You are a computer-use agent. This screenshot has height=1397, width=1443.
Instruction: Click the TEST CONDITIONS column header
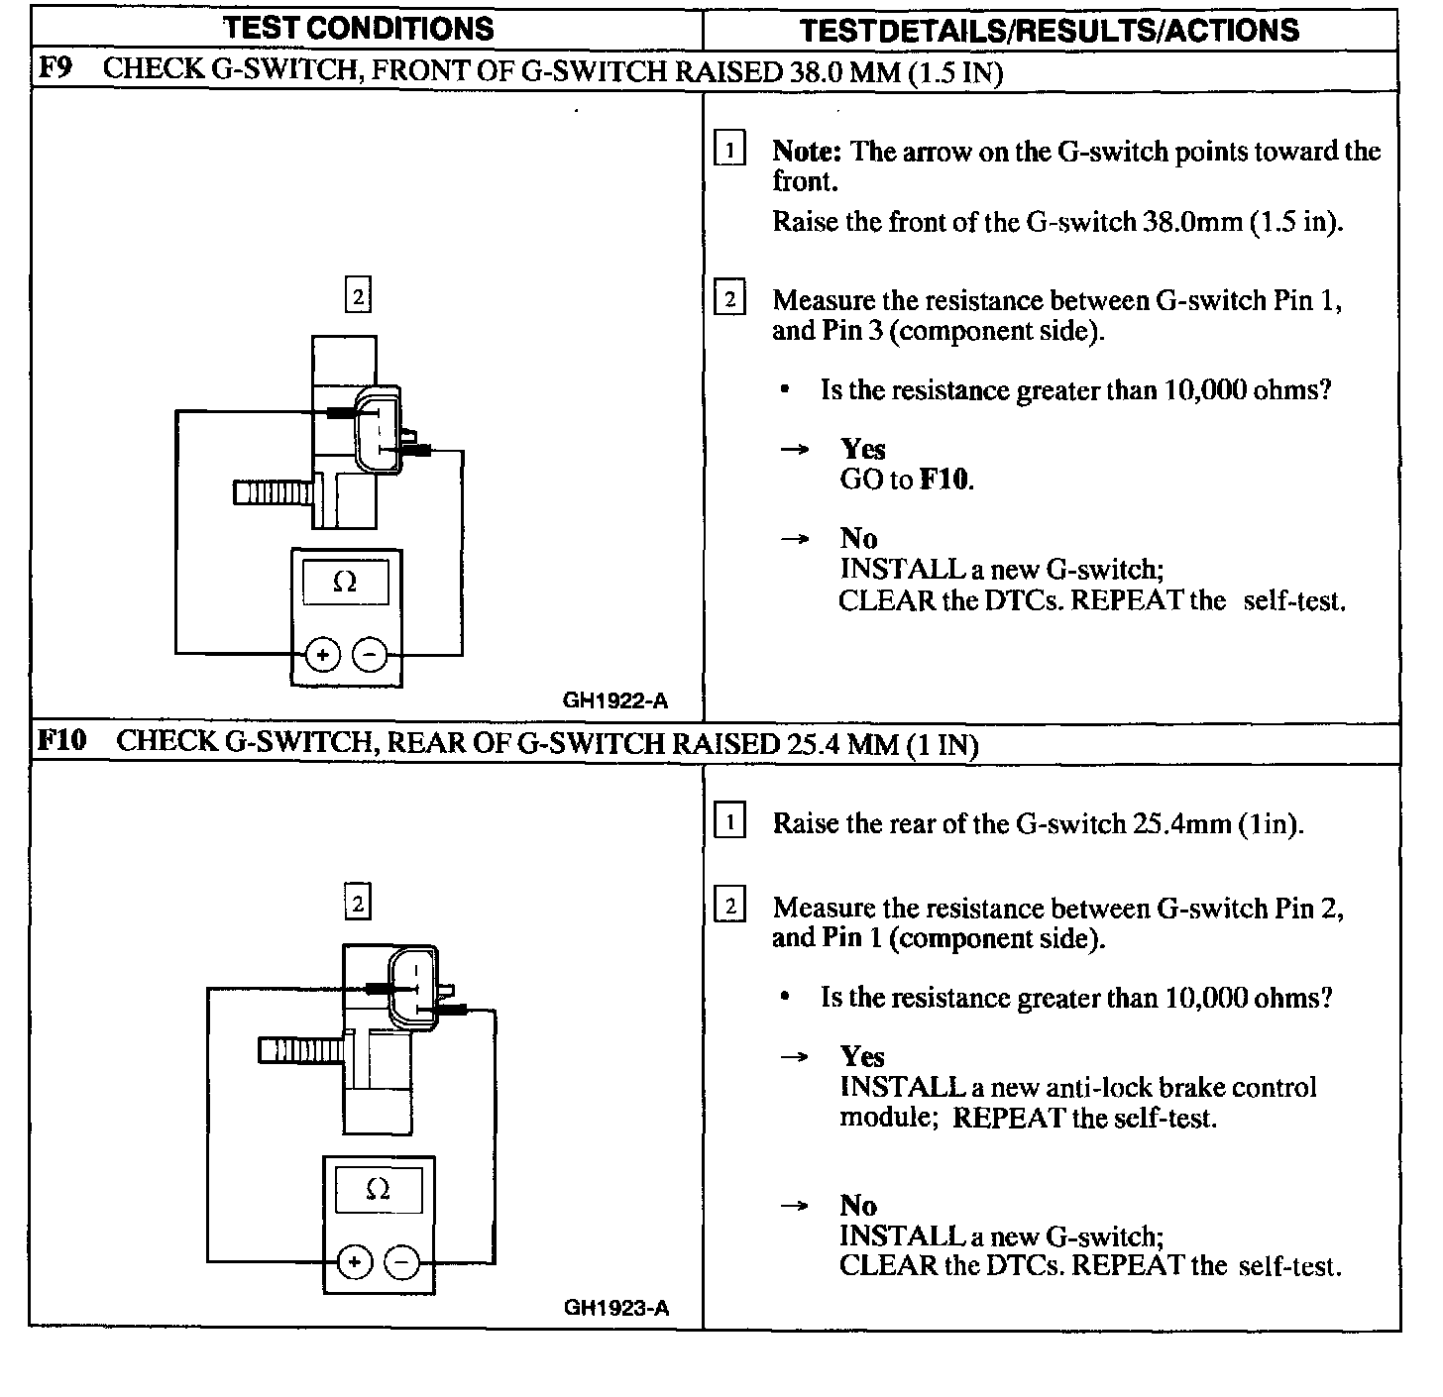(359, 28)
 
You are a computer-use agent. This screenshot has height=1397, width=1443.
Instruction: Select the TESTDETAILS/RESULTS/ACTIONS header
(1049, 30)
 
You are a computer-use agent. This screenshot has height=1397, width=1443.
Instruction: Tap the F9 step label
(55, 69)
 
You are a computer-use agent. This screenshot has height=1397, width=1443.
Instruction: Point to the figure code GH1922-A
(615, 701)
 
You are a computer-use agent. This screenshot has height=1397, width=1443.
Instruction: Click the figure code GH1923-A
(616, 1308)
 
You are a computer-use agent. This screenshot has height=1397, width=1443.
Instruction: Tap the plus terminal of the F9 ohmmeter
(323, 655)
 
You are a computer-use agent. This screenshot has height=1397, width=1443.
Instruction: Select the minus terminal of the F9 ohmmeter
(370, 655)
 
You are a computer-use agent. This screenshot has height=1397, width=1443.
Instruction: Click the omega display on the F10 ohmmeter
(378, 1189)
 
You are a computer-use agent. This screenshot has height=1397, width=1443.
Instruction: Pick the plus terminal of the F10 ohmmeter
(355, 1262)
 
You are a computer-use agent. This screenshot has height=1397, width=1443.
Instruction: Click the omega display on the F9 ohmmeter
(345, 582)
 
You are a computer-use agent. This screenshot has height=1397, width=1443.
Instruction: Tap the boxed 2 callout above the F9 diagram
(358, 295)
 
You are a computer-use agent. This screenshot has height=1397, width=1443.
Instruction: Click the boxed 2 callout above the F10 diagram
(358, 903)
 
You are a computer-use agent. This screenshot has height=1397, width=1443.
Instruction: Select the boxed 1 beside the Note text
(729, 151)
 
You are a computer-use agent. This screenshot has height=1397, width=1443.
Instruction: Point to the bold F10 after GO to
(945, 481)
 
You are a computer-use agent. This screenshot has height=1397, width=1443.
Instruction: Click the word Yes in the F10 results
(862, 1056)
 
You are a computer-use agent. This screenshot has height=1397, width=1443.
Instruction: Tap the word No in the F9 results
(858, 538)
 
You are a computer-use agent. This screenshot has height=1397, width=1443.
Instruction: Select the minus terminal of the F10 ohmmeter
(401, 1262)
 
